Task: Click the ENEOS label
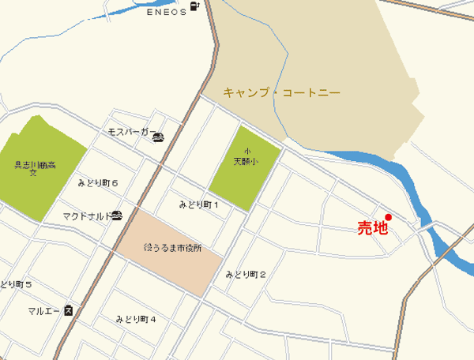click(166, 12)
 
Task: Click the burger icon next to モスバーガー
click(158, 137)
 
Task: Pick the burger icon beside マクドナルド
click(118, 215)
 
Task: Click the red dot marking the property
click(388, 217)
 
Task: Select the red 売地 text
click(373, 229)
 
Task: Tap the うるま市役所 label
click(173, 248)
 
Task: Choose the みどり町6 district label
click(98, 183)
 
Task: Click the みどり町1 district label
click(197, 205)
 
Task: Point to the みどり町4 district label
click(136, 319)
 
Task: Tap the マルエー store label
click(43, 310)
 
